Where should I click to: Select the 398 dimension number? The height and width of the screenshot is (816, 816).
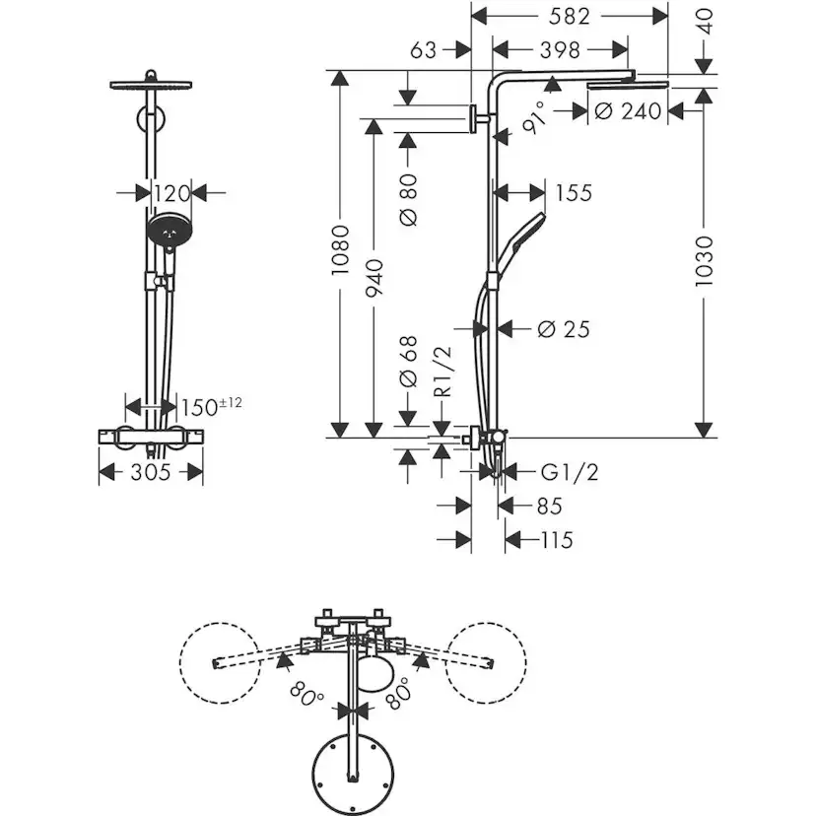(560, 49)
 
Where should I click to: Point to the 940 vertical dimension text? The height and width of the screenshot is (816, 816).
(374, 278)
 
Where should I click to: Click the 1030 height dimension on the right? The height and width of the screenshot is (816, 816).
(704, 261)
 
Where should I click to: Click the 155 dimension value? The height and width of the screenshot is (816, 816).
(573, 193)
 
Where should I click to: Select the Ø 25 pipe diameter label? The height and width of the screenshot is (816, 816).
(564, 329)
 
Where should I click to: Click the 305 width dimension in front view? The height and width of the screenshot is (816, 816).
(151, 472)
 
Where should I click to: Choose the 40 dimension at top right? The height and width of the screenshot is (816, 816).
(704, 22)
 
